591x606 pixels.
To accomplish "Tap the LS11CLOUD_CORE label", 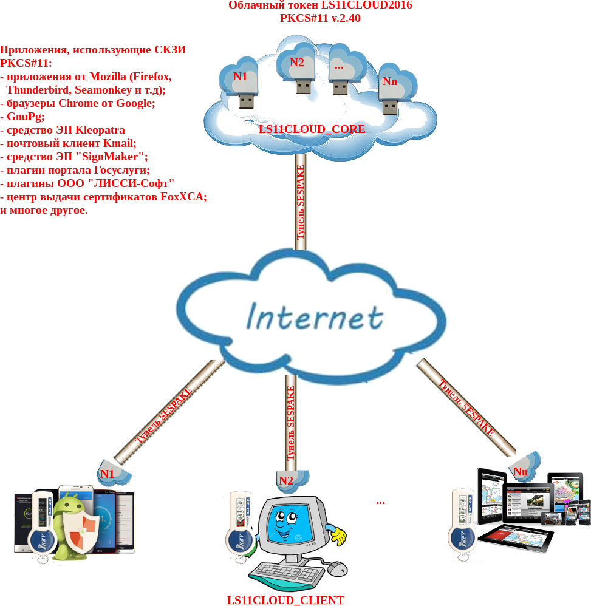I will coord(312,129).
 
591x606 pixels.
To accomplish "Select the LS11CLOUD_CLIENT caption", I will coord(285,600).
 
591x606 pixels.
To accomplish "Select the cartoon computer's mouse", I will coord(338,568).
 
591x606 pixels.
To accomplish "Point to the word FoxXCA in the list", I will coord(183,197).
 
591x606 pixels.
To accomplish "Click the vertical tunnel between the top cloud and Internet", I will coord(300,200).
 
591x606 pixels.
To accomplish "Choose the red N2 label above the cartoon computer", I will coord(286,480).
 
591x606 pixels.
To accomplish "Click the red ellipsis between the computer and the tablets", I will coord(380,502).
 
